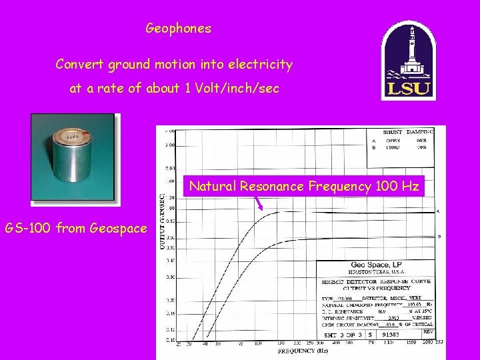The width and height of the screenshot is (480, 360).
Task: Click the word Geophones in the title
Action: [178, 29]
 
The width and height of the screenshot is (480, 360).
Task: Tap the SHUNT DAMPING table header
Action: [408, 132]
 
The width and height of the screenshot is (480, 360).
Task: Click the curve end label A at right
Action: [437, 211]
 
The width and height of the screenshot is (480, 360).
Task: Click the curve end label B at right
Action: [437, 236]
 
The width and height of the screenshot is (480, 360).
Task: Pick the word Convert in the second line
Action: [77, 65]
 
